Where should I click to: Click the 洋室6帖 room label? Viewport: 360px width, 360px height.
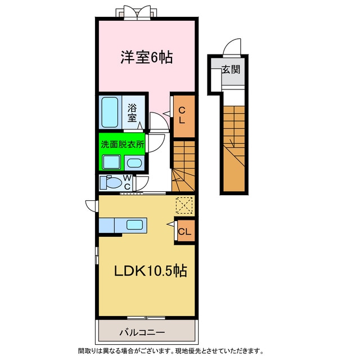pos(146,57)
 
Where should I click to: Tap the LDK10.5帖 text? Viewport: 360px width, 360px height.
pos(151,271)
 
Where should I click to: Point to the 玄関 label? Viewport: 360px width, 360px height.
pos(231,70)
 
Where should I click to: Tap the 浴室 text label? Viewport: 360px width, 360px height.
pos(133,112)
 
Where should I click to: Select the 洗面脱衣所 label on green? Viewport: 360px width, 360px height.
pos(122,144)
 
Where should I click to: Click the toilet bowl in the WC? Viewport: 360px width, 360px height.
pos(113,183)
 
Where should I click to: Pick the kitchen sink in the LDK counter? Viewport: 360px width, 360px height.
pos(135,225)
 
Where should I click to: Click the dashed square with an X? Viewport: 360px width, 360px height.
pos(183,206)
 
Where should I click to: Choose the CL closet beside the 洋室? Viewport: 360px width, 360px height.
pos(182,115)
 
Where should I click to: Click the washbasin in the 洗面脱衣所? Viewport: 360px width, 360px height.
pos(134,163)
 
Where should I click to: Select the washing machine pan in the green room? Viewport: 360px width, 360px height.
pos(110,163)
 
